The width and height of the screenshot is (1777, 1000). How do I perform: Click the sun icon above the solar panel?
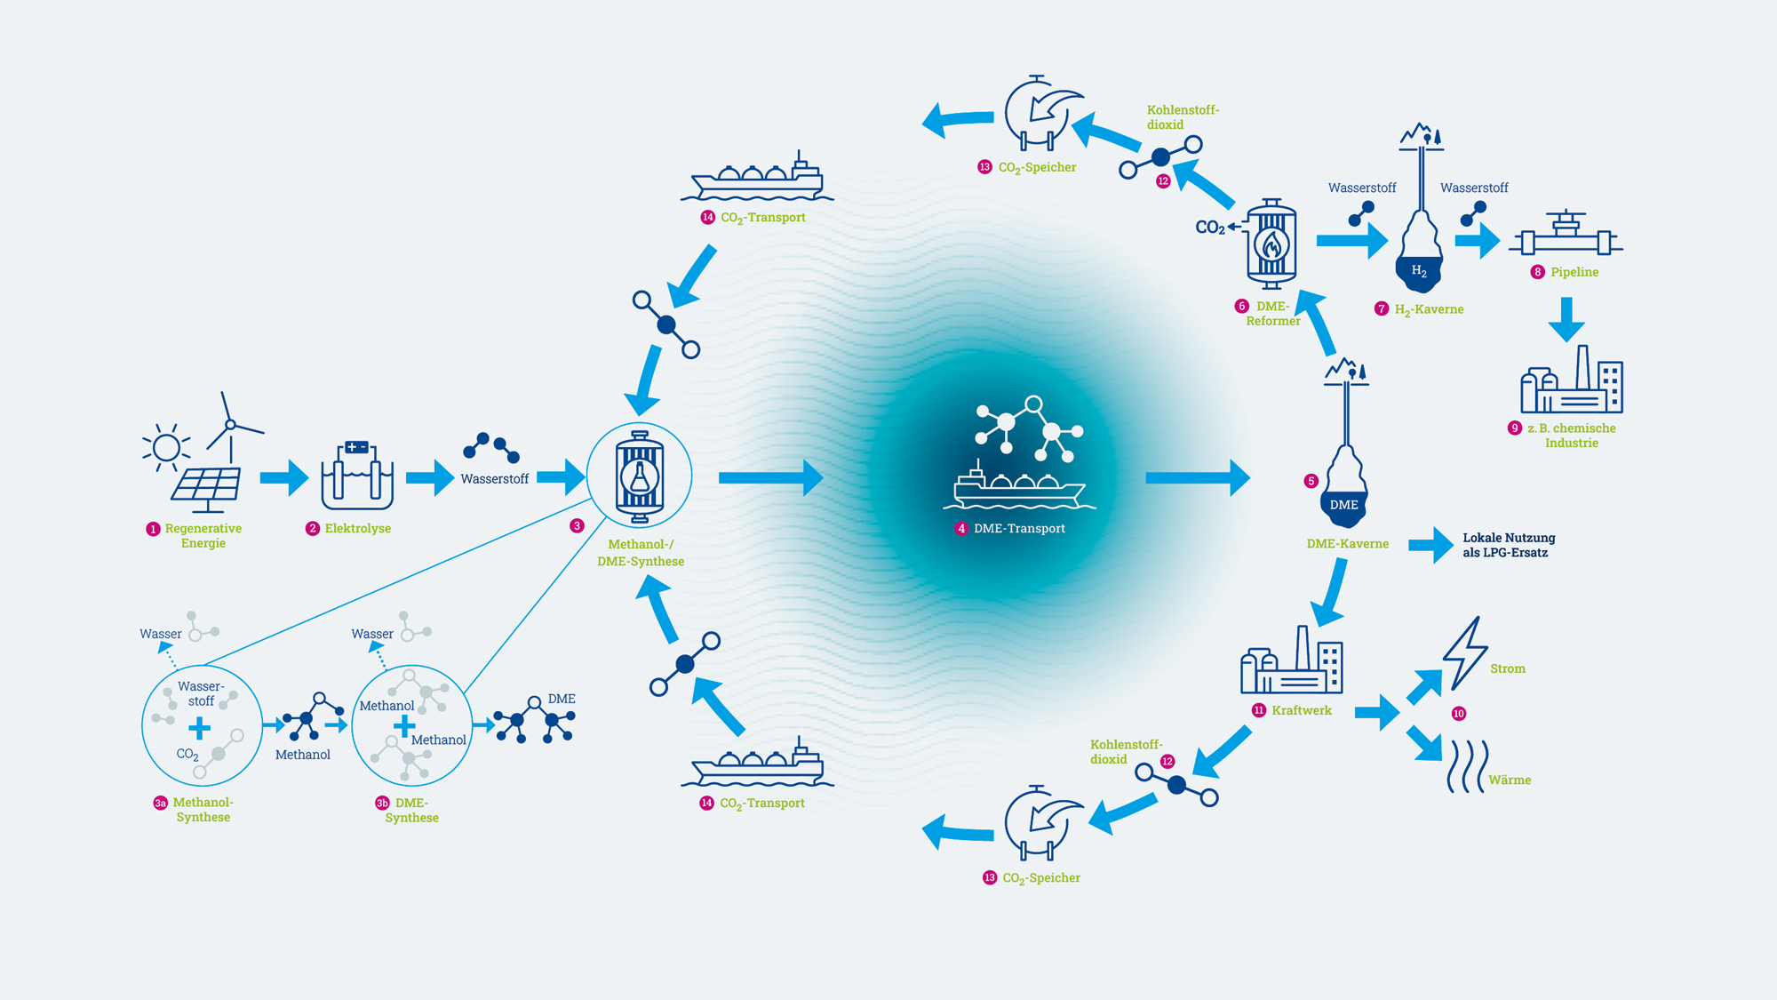[x=166, y=446]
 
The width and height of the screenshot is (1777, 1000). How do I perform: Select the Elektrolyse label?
[x=357, y=528]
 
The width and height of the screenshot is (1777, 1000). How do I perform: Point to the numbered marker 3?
[x=577, y=526]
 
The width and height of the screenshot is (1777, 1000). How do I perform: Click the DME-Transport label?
[x=1019, y=528]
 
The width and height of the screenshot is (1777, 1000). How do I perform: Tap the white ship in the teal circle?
[x=1018, y=486]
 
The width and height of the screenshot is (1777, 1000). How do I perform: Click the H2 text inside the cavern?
[x=1419, y=270]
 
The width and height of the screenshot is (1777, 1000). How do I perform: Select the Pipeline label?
[x=1574, y=272]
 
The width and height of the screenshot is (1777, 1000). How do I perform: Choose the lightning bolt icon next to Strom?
[x=1464, y=653]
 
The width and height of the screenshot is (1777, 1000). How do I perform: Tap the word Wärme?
[x=1510, y=780]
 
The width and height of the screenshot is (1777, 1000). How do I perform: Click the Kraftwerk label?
[x=1302, y=710]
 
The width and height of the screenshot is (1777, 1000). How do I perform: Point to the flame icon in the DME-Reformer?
[x=1271, y=244]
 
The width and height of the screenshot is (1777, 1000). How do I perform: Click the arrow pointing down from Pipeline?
[x=1566, y=320]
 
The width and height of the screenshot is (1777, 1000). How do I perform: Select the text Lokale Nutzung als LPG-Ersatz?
[x=1509, y=545]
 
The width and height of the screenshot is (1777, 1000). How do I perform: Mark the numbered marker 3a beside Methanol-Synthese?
[x=160, y=803]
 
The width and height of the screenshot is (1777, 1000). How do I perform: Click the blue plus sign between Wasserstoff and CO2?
[x=200, y=729]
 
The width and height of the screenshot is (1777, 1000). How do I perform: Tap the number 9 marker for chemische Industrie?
[x=1515, y=428]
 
